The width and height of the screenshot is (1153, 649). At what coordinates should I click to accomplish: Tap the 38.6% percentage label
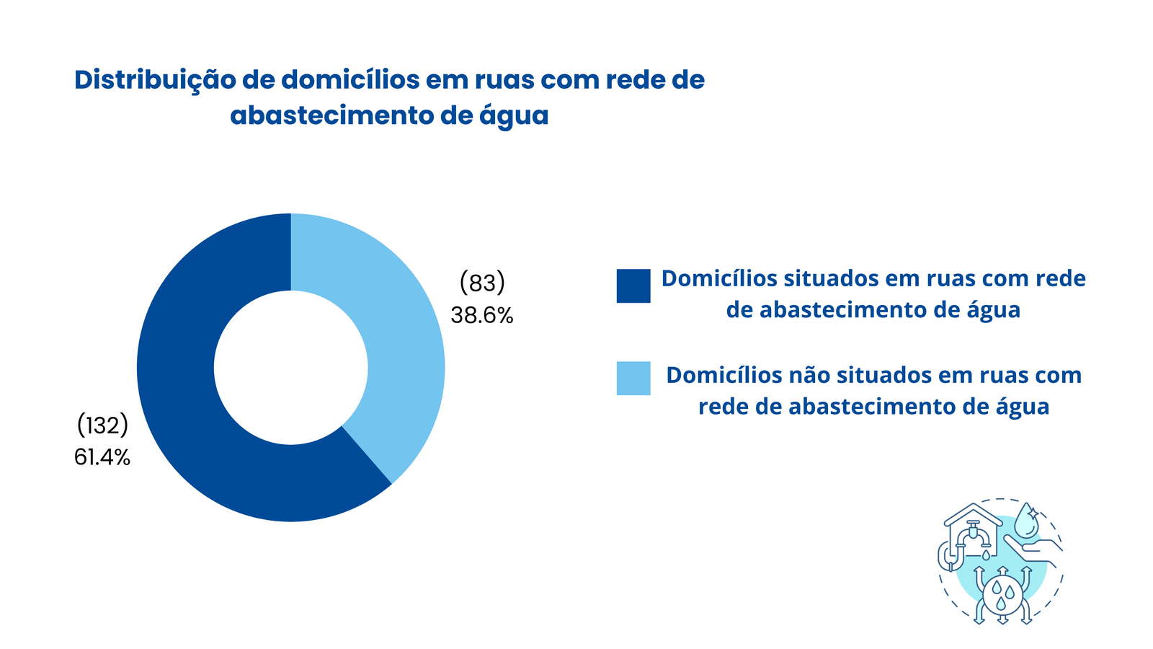tap(482, 315)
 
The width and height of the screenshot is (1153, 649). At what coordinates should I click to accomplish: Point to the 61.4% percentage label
tap(102, 457)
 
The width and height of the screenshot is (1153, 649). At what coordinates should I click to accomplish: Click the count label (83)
tap(482, 283)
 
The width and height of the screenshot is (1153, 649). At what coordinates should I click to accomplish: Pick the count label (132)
tap(102, 425)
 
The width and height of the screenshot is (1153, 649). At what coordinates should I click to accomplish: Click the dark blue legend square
tap(633, 286)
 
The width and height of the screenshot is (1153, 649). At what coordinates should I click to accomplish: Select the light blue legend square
tap(633, 378)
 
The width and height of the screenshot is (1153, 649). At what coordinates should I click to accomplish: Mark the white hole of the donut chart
tap(291, 368)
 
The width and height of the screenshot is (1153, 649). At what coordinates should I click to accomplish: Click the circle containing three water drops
tap(1002, 594)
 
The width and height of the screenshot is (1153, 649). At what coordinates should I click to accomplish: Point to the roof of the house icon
tap(974, 515)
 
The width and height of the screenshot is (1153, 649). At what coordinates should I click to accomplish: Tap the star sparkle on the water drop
tap(1032, 513)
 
